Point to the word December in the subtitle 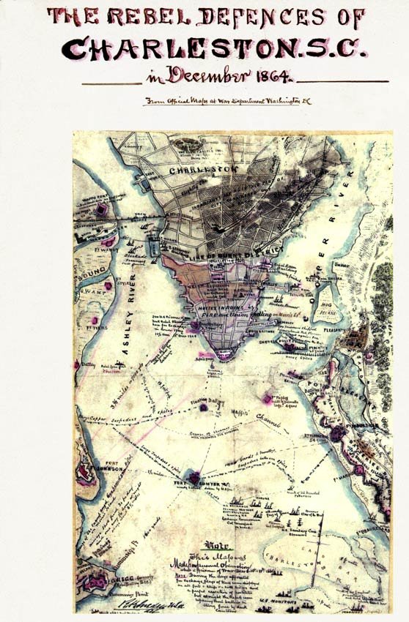213,75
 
